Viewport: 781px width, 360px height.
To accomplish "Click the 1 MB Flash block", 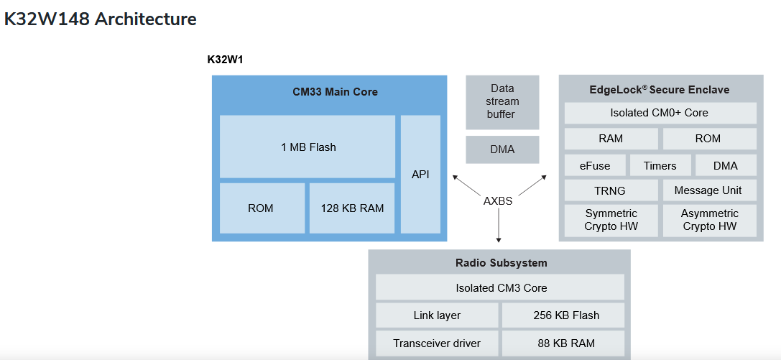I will click(308, 147).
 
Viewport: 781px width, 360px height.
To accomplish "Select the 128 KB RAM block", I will click(352, 208).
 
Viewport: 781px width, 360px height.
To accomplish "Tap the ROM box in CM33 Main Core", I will click(261, 208).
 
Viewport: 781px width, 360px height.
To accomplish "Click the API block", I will click(420, 174).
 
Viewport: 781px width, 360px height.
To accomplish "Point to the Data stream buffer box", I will click(502, 102).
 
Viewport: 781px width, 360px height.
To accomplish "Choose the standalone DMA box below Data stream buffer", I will click(502, 149).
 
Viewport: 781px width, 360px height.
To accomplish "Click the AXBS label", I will click(498, 201).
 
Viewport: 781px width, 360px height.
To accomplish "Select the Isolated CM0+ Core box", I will click(660, 113).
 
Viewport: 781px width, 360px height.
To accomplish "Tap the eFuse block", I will click(595, 165).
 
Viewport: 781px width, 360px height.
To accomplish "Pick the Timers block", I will click(660, 165).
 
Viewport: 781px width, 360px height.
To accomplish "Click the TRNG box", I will click(611, 190).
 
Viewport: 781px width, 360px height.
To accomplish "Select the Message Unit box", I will click(708, 190).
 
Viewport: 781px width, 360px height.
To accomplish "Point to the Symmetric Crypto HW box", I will click(611, 220).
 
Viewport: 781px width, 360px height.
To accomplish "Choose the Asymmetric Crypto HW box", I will click(709, 220).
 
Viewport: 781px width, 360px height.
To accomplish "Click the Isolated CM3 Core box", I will click(501, 287).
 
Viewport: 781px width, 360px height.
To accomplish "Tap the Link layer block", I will click(437, 315).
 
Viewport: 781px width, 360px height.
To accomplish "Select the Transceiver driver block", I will click(437, 343).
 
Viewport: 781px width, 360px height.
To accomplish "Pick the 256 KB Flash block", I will click(563, 315).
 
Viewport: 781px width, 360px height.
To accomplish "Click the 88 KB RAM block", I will click(563, 343).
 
